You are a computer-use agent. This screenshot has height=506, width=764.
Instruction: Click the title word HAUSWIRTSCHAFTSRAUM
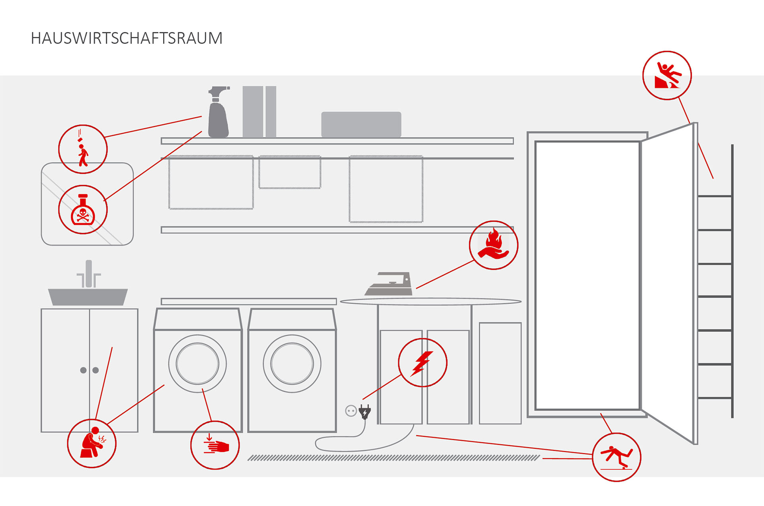tap(127, 38)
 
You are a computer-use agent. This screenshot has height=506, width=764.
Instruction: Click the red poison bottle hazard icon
tap(83, 209)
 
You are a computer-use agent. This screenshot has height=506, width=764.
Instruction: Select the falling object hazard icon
tap(83, 149)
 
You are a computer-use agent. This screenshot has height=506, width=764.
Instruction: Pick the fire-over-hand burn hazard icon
tap(493, 245)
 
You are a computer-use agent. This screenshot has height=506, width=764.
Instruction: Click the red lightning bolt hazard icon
tap(423, 363)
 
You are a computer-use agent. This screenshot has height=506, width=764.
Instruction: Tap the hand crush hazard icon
tap(215, 445)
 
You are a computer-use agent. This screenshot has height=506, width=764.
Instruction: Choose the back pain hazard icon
tap(92, 443)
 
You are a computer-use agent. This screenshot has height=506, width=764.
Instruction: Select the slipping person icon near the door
tap(616, 457)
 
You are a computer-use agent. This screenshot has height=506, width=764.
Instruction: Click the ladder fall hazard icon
tap(667, 75)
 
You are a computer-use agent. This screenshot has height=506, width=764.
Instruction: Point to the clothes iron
tap(389, 285)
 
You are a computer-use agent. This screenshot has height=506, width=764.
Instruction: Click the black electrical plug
tap(364, 412)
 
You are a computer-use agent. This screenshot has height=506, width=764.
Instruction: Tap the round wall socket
tap(351, 411)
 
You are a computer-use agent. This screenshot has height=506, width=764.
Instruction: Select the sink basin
tap(88, 297)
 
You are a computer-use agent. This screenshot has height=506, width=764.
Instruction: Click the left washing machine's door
tap(197, 363)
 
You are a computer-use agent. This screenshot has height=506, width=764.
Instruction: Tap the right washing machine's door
tap(292, 363)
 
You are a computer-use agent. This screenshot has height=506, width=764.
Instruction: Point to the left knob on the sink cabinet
tap(83, 370)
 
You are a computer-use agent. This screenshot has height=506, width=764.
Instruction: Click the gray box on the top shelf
tap(361, 124)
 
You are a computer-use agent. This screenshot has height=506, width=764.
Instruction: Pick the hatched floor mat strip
tap(393, 458)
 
